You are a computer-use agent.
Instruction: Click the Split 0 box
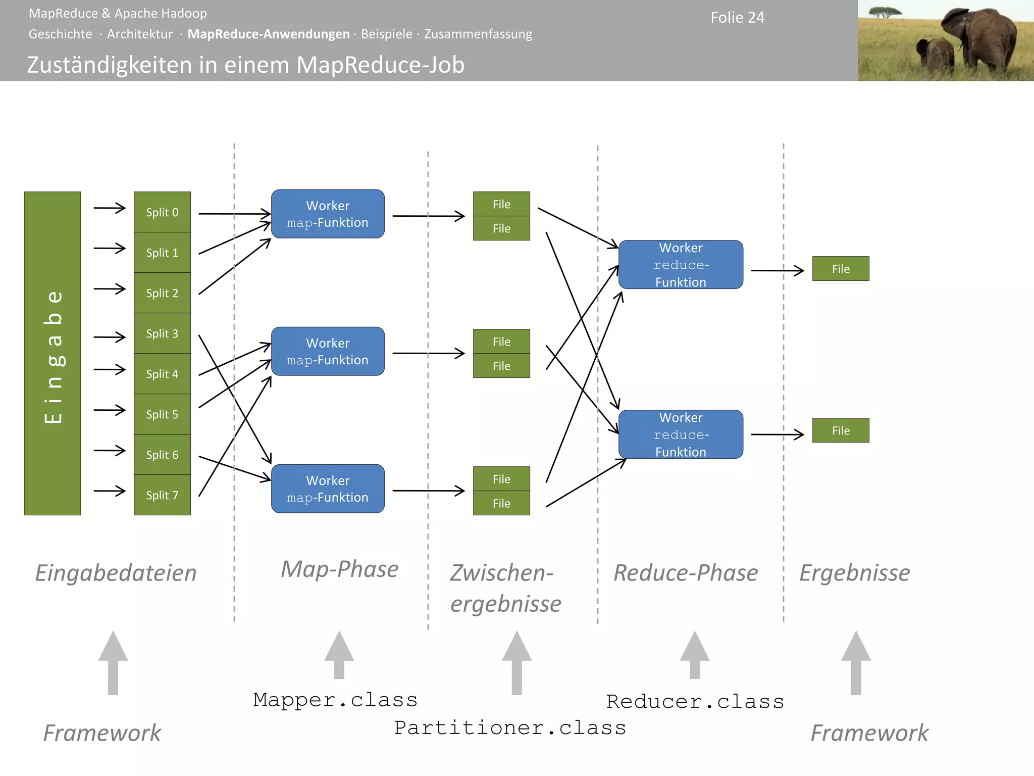tap(162, 212)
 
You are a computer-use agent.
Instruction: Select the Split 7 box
tap(162, 495)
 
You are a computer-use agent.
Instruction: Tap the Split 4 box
tap(162, 374)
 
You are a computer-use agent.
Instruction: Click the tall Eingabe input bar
tap(53, 354)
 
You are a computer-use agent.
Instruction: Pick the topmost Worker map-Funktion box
tap(328, 214)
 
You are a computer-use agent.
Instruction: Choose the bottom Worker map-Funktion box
tap(328, 489)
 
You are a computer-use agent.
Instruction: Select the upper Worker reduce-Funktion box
tap(681, 265)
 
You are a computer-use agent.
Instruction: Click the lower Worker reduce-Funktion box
tap(681, 434)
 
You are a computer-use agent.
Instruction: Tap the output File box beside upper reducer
tap(841, 269)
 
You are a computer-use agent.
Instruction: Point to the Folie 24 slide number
tap(737, 18)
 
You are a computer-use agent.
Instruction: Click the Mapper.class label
tap(335, 700)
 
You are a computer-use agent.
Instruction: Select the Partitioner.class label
tap(510, 728)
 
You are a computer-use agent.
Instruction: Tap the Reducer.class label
tap(695, 702)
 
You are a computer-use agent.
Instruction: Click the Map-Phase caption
tap(339, 569)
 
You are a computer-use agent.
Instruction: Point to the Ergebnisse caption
tap(854, 573)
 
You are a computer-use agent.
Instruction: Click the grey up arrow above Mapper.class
tap(339, 655)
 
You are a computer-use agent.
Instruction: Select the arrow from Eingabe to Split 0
tap(110, 208)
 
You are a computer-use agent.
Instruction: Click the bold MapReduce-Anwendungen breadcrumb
tap(268, 34)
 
